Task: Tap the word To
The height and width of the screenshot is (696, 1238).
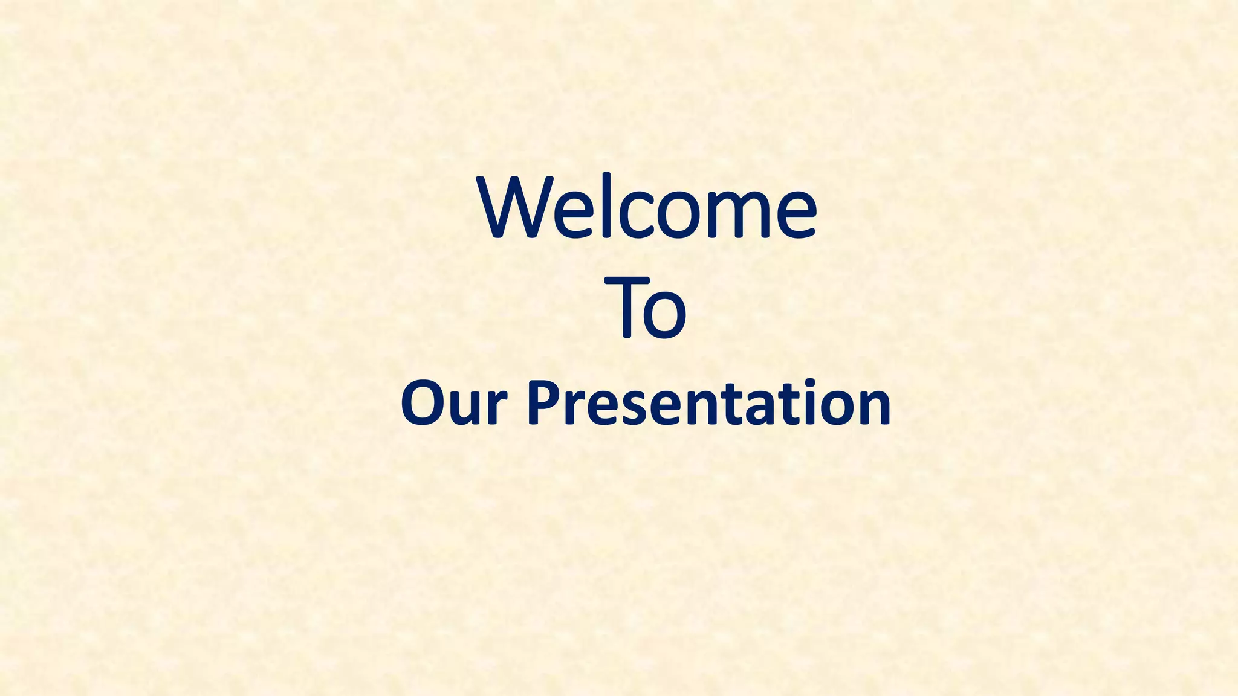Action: click(x=651, y=308)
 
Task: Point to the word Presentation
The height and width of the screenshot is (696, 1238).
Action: click(x=708, y=403)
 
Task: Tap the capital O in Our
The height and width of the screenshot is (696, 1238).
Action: click(x=424, y=403)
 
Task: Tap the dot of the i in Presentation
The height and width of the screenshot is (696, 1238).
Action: click(x=808, y=385)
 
